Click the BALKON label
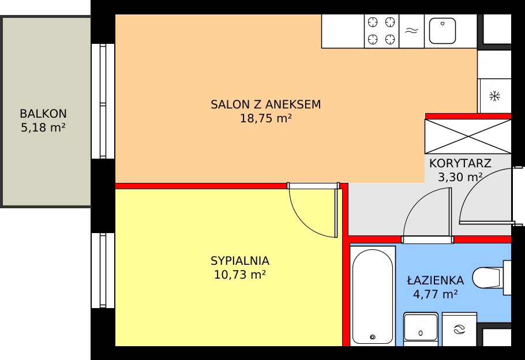click(x=43, y=114)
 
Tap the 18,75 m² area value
click(x=266, y=118)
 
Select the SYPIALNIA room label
click(x=240, y=261)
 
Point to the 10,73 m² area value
click(x=240, y=275)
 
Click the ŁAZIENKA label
click(x=435, y=279)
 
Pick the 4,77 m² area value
click(x=435, y=294)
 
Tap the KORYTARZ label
click(x=460, y=163)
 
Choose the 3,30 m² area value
click(x=460, y=177)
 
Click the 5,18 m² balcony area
click(x=43, y=127)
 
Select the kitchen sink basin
click(x=442, y=31)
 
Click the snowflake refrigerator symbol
click(x=494, y=96)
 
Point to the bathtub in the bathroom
click(x=372, y=297)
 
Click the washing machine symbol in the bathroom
click(x=459, y=329)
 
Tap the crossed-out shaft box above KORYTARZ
click(x=468, y=136)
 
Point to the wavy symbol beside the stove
click(x=411, y=31)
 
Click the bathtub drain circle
click(x=372, y=337)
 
